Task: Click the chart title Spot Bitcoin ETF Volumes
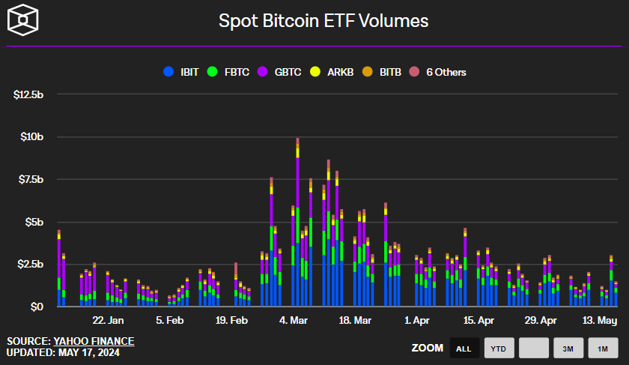(x=323, y=21)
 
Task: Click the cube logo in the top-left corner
(x=22, y=19)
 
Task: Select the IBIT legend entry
(x=183, y=72)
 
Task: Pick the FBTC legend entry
(x=232, y=72)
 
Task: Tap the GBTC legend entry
(x=282, y=72)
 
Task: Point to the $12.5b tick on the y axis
(x=29, y=95)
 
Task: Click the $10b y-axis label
(x=32, y=137)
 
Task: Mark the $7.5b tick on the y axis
(x=31, y=180)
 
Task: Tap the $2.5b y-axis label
(x=31, y=265)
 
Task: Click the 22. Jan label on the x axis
(x=108, y=320)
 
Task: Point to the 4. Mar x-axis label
(x=293, y=320)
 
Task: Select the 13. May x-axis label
(x=599, y=320)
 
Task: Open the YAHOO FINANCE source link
(x=94, y=341)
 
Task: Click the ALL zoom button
(x=464, y=348)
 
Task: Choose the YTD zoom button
(x=499, y=348)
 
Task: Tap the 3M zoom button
(x=568, y=348)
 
